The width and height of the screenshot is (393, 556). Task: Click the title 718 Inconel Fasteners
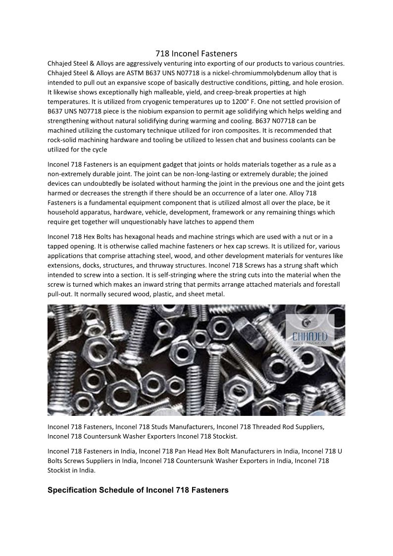click(196, 53)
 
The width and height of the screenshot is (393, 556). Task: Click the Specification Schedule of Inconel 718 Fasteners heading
click(138, 490)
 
